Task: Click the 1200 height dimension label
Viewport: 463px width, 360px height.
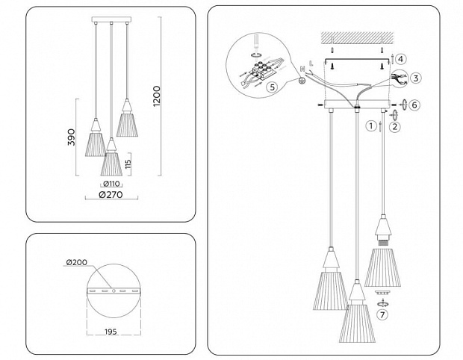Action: click(x=157, y=96)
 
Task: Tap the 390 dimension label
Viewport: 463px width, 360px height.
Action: click(x=72, y=137)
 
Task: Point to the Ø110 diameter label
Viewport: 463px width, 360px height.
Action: click(x=111, y=184)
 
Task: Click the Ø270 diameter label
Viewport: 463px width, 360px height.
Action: click(x=111, y=195)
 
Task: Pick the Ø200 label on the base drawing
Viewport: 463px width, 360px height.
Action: click(x=77, y=262)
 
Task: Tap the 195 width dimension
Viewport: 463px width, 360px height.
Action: click(x=111, y=332)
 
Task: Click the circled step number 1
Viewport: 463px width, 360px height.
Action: click(x=371, y=126)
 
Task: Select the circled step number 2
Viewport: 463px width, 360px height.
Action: click(x=395, y=127)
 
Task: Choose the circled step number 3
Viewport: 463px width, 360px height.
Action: click(x=416, y=78)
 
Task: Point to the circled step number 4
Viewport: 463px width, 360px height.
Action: click(x=401, y=59)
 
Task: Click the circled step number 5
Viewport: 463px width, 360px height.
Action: click(x=272, y=87)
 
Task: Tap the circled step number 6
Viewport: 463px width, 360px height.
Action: click(x=414, y=105)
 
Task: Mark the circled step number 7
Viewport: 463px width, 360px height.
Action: click(x=382, y=315)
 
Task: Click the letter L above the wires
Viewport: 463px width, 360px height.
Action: click(x=311, y=63)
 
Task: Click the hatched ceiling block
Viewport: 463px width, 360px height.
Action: click(x=357, y=37)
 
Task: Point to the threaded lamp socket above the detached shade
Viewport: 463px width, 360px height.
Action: click(x=382, y=243)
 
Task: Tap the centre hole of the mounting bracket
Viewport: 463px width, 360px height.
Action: click(x=114, y=291)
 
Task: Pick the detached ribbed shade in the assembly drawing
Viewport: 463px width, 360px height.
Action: click(x=382, y=268)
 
